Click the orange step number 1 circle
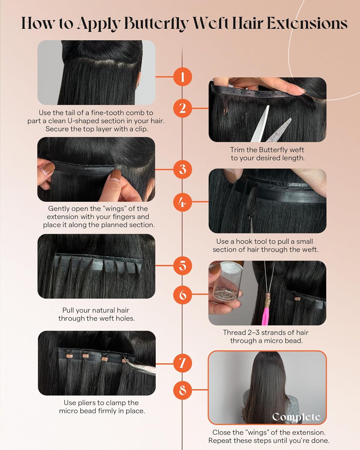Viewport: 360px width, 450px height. (x=182, y=77)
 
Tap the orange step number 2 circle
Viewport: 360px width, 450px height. (x=182, y=108)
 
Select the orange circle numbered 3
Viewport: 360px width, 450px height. (x=182, y=169)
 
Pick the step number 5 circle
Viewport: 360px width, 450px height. (x=182, y=265)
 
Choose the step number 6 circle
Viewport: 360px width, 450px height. (x=182, y=294)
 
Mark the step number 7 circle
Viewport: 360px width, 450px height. (x=182, y=363)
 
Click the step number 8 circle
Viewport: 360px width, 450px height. (x=182, y=390)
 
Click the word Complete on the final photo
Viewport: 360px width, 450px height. (x=296, y=417)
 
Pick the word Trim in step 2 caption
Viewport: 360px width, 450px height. (x=237, y=150)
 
